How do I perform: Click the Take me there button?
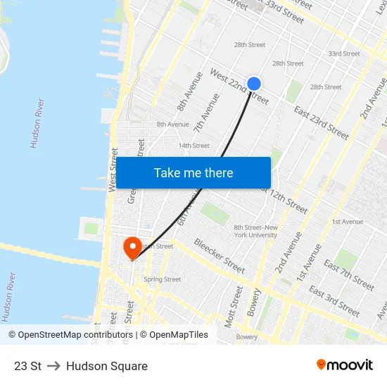(x=193, y=173)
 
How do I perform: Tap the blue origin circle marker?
(x=254, y=84)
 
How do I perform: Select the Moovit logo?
(x=344, y=365)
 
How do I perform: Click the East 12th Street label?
(x=284, y=200)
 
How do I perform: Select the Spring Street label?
(x=163, y=279)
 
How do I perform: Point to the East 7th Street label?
(x=349, y=274)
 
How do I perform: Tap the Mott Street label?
(x=231, y=306)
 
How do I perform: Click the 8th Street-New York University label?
(x=256, y=231)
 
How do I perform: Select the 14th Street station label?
(x=194, y=146)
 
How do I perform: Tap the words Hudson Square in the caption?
(x=107, y=366)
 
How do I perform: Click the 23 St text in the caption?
(x=27, y=366)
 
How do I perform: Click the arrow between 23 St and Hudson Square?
(x=54, y=366)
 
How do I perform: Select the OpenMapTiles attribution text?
(x=175, y=335)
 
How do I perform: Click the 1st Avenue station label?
(x=348, y=222)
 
